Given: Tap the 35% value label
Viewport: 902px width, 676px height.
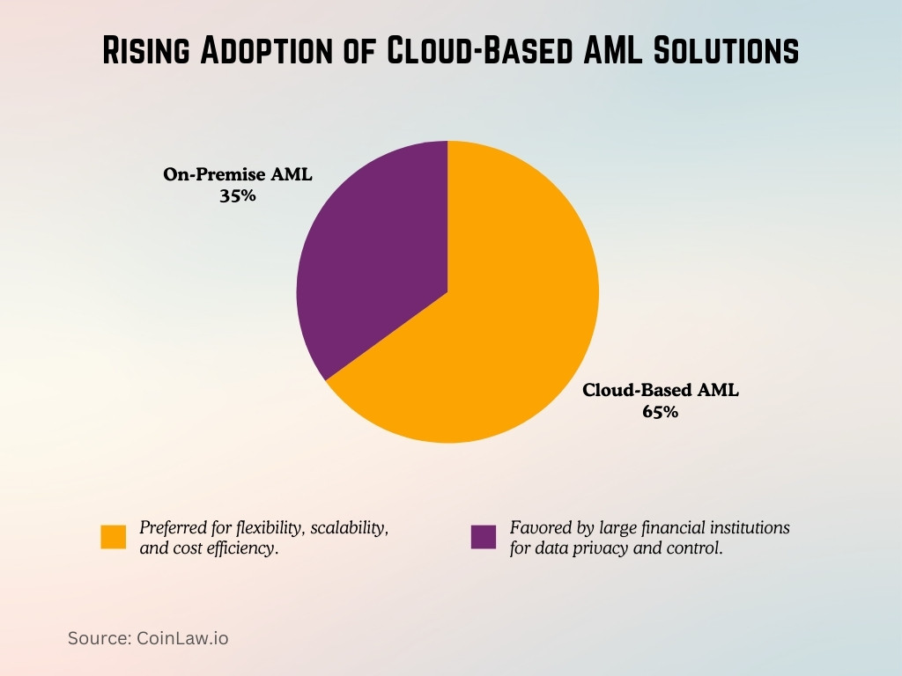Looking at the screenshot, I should (238, 196).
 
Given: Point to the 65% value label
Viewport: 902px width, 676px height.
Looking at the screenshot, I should (660, 411).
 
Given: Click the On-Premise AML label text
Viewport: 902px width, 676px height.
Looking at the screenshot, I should (238, 175).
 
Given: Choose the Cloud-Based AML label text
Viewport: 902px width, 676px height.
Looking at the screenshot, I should (660, 390).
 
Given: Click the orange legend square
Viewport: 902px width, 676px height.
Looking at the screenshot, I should (114, 537).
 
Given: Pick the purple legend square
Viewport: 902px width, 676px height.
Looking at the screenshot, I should (484, 537).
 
